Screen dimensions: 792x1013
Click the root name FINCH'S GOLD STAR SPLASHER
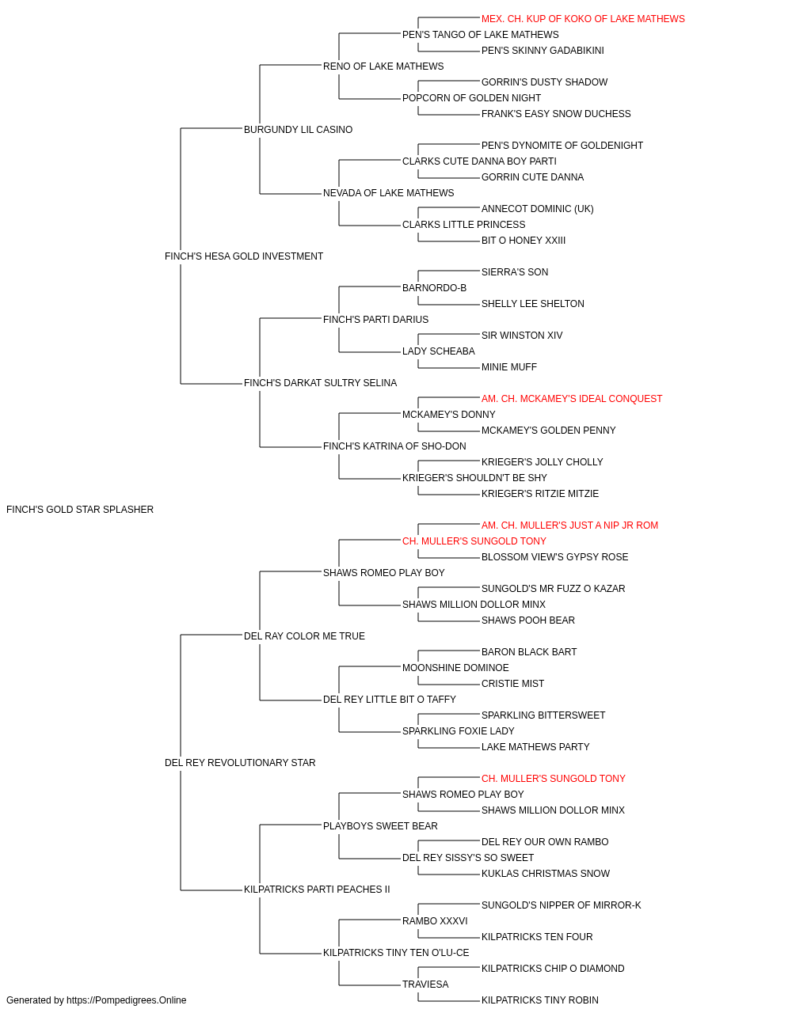pyautogui.click(x=80, y=510)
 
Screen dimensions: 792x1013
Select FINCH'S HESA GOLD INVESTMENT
pyautogui.click(x=243, y=256)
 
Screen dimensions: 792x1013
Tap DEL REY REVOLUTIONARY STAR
pyautogui.click(x=240, y=763)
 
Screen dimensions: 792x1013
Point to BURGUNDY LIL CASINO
pyautogui.click(x=298, y=130)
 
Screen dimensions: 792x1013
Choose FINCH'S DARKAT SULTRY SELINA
pyautogui.click(x=320, y=383)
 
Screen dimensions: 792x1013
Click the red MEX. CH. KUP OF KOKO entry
pyautogui.click(x=583, y=19)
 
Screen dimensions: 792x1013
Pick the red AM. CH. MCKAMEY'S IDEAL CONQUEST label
pyautogui.click(x=571, y=399)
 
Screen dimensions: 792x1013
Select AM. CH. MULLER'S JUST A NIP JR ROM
pyautogui.click(x=569, y=525)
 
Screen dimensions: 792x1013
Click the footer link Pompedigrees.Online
pyautogui.click(x=126, y=1000)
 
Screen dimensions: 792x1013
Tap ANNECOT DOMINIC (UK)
pyautogui.click(x=537, y=209)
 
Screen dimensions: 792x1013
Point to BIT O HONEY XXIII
pyautogui.click(x=524, y=241)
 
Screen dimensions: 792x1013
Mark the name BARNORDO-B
pyautogui.click(x=434, y=288)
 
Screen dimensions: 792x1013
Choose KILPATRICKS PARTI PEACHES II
pyautogui.click(x=317, y=890)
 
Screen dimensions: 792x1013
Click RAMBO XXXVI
pyautogui.click(x=435, y=921)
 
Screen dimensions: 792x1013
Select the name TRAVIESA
pyautogui.click(x=425, y=984)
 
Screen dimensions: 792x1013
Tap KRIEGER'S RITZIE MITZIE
pyautogui.click(x=539, y=494)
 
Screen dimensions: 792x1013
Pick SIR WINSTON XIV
pyautogui.click(x=522, y=336)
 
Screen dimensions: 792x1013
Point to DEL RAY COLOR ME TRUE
pyautogui.click(x=304, y=636)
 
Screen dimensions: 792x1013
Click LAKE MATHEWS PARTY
pyautogui.click(x=535, y=747)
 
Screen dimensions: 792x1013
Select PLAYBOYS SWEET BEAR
pyautogui.click(x=380, y=826)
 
